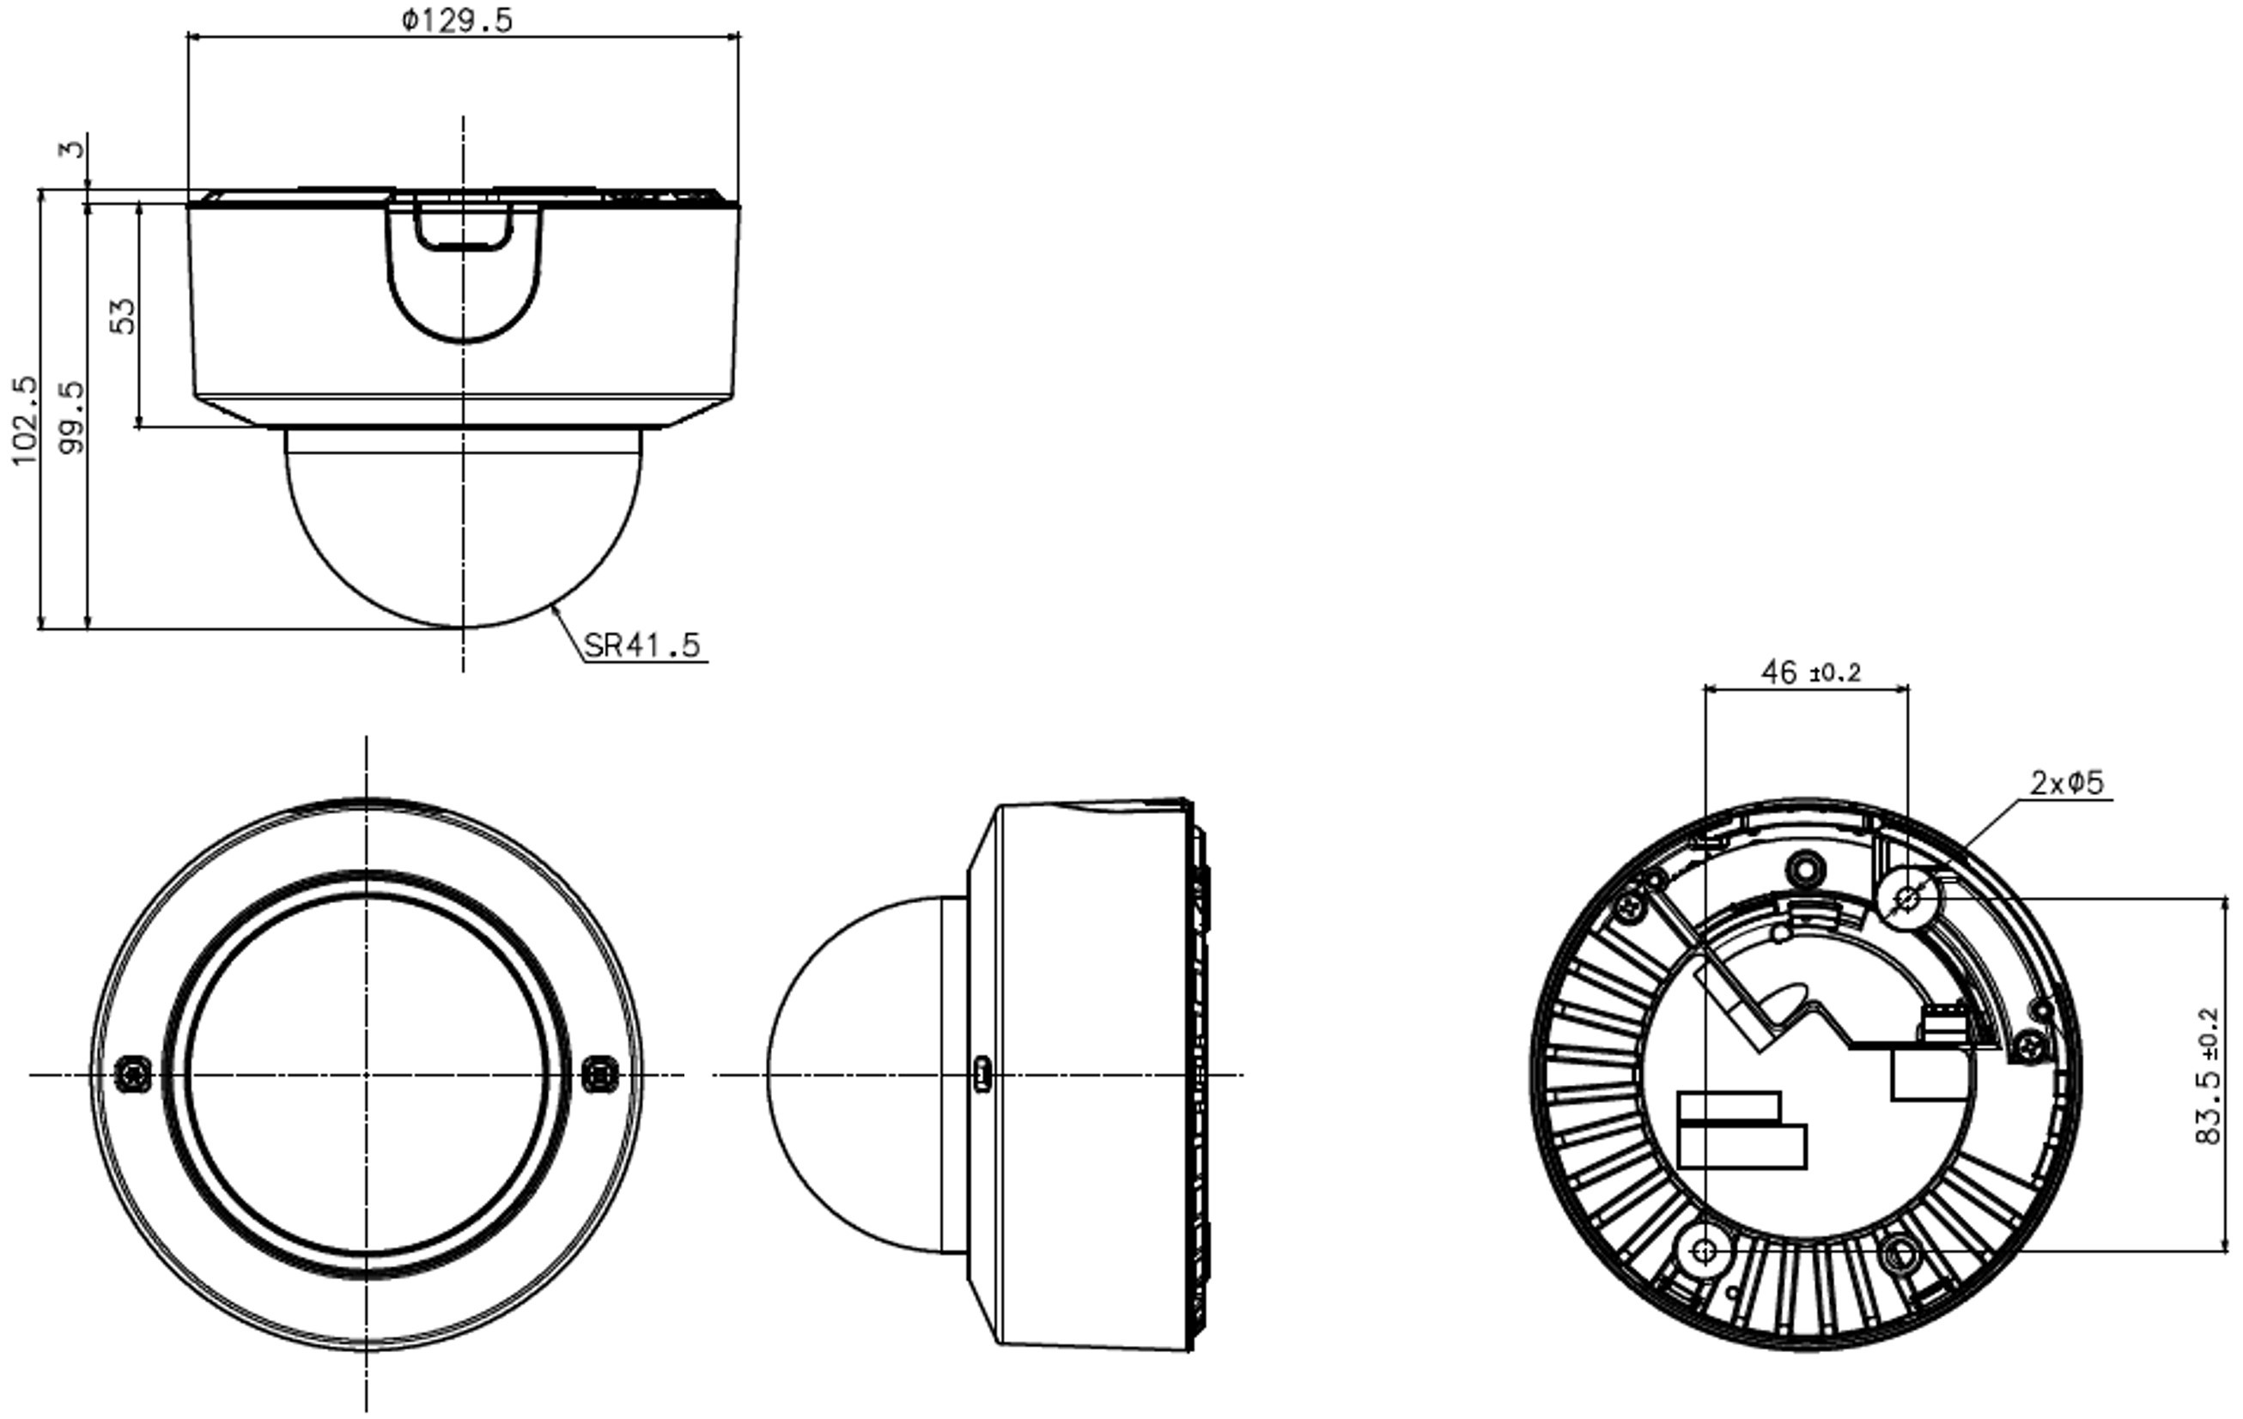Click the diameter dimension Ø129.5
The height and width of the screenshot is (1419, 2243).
(458, 21)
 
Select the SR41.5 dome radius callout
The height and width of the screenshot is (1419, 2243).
(641, 645)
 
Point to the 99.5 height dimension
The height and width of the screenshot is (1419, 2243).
(70, 417)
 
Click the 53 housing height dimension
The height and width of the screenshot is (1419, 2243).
(123, 316)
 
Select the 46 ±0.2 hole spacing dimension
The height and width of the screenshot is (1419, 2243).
(1810, 671)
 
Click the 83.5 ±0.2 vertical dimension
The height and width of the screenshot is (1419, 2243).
(2209, 1078)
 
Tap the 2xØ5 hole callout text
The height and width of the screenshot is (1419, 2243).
(2066, 782)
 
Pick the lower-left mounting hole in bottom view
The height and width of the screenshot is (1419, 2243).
(1705, 1251)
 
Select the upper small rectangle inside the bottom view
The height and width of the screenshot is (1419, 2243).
(1729, 1107)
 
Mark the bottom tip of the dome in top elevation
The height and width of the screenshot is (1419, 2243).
(463, 628)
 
